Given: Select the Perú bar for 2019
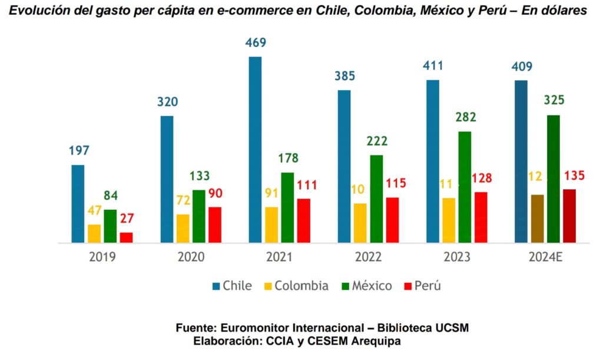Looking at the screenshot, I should click(x=126, y=237).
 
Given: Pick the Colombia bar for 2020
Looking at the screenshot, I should click(x=183, y=228).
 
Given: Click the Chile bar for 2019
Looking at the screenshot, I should click(x=78, y=203).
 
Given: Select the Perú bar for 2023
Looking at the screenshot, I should click(x=481, y=217).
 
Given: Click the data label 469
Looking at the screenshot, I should click(x=256, y=43).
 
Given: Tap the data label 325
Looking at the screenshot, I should click(x=554, y=100).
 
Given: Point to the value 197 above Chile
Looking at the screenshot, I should click(x=78, y=151).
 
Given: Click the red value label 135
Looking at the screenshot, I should click(x=574, y=176).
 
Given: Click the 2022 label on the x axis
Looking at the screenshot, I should click(x=368, y=257).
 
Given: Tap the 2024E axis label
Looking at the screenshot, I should click(x=545, y=257).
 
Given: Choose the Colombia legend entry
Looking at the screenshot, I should click(x=301, y=286).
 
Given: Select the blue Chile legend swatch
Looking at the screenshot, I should click(x=216, y=287).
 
